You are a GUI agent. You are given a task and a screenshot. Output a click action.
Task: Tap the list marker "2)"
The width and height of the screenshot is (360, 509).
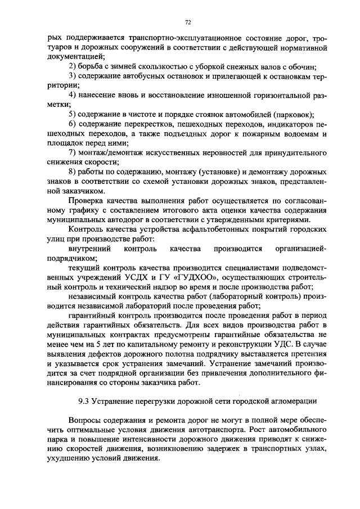point(71,66)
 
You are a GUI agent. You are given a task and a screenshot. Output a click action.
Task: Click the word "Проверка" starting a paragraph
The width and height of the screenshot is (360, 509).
point(85,201)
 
